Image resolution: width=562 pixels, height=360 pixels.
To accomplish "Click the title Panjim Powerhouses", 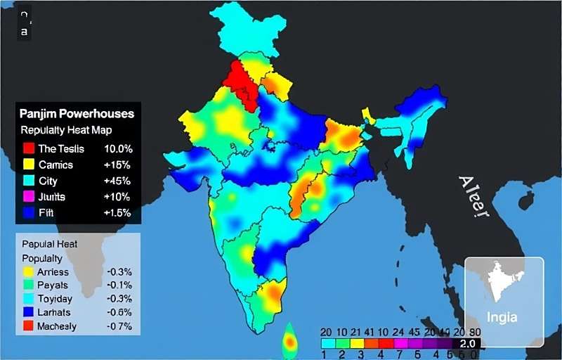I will coord(77,113).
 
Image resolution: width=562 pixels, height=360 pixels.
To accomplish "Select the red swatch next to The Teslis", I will coord(29,149).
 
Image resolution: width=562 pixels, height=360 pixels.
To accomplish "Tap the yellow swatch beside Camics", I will coord(29,165).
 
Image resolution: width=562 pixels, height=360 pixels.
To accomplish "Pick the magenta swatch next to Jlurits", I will coord(29,195).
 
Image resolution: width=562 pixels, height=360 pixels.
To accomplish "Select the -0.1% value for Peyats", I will coord(119,285).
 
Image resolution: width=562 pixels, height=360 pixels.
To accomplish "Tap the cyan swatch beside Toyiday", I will coord(28,298).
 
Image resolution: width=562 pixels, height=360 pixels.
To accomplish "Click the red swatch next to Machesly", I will coord(28,326).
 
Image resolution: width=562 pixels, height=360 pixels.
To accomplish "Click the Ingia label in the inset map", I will coord(503,316).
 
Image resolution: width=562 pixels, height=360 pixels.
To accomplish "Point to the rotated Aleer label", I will coord(472,197).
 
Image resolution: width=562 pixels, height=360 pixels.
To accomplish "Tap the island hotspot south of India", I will coord(289,342).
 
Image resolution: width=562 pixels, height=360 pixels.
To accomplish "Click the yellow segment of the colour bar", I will coord(358,344).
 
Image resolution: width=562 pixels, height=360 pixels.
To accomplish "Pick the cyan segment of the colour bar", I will coord(327,344).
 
